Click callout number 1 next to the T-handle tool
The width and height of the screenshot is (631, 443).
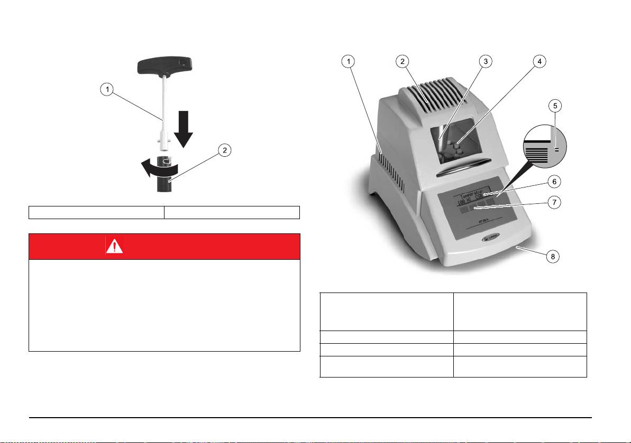coord(107,90)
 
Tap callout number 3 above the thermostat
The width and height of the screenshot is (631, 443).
coord(485,61)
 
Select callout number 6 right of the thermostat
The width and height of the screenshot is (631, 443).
coord(553,181)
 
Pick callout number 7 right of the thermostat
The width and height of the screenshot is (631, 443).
coord(553,202)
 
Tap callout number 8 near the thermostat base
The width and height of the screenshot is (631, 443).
coord(553,258)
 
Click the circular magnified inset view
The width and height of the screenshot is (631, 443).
coord(545,151)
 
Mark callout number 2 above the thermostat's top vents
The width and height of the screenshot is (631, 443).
coord(403,61)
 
